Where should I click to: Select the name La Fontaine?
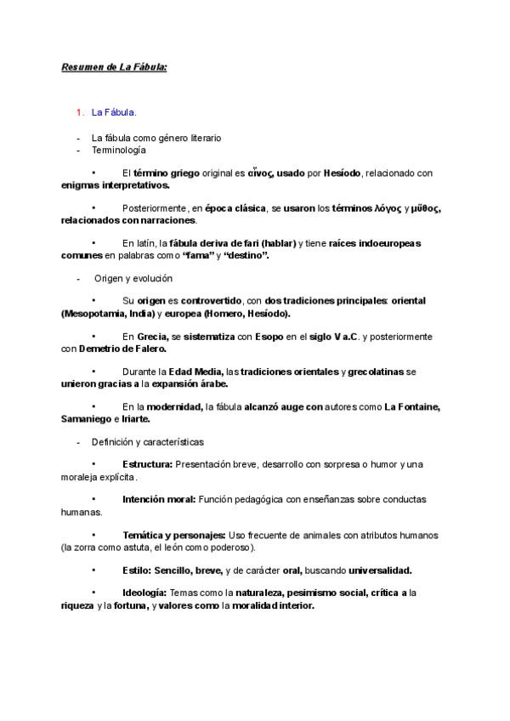412,407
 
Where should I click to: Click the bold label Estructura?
147,464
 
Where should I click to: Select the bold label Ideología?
145,593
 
